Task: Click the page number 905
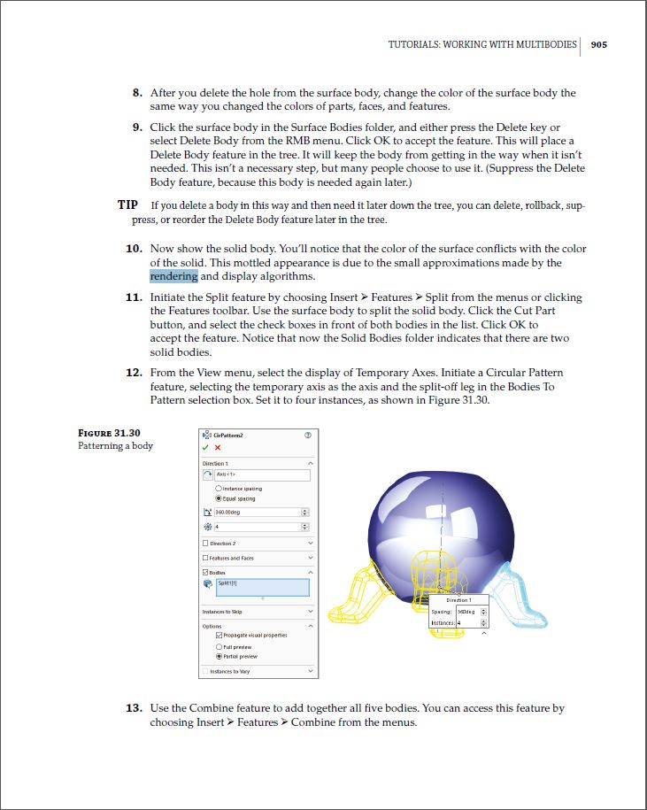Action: pyautogui.click(x=598, y=44)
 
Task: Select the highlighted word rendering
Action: pyautogui.click(x=173, y=276)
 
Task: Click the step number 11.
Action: pyautogui.click(x=134, y=298)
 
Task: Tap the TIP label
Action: pyautogui.click(x=127, y=205)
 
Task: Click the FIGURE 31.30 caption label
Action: pyautogui.click(x=110, y=433)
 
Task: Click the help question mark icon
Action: pyautogui.click(x=308, y=435)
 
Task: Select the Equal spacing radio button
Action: pyautogui.click(x=219, y=498)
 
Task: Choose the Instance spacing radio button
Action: pyautogui.click(x=219, y=489)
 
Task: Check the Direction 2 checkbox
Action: pyautogui.click(x=206, y=544)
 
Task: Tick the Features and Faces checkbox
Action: pyautogui.click(x=206, y=558)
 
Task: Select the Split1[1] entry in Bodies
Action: pyautogui.click(x=262, y=586)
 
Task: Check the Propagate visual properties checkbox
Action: pyautogui.click(x=219, y=636)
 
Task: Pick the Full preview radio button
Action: pyautogui.click(x=219, y=647)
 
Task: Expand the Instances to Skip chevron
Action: pyautogui.click(x=310, y=612)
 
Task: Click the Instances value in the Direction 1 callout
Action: pyautogui.click(x=466, y=623)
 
